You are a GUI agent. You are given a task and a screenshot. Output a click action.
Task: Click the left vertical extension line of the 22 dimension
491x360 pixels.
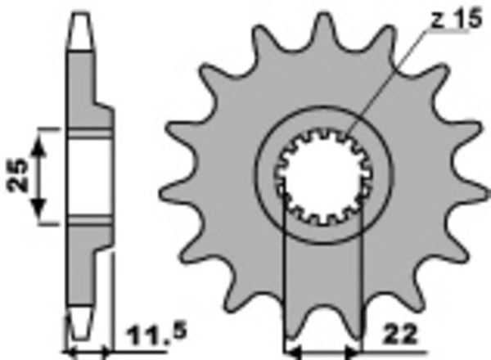pos(283,270)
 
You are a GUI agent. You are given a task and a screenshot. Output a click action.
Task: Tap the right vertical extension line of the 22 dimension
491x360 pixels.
pos(360,270)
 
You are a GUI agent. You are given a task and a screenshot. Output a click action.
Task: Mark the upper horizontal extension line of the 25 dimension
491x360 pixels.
pos(49,128)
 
